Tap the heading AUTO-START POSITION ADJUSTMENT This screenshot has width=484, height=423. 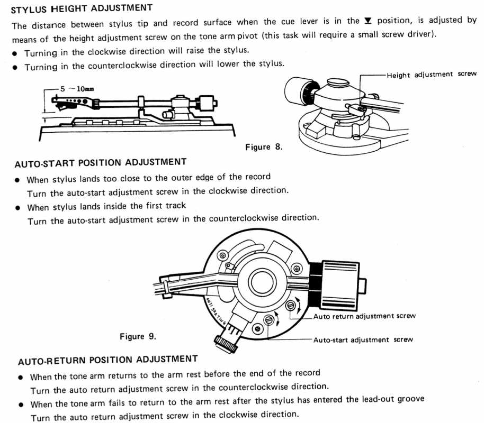[101, 162]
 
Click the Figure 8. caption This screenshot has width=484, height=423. [264, 146]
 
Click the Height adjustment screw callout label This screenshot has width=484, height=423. [432, 75]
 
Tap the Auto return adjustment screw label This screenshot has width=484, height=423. [364, 316]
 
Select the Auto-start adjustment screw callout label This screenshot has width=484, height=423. [363, 340]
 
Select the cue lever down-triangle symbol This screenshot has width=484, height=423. [368, 21]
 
